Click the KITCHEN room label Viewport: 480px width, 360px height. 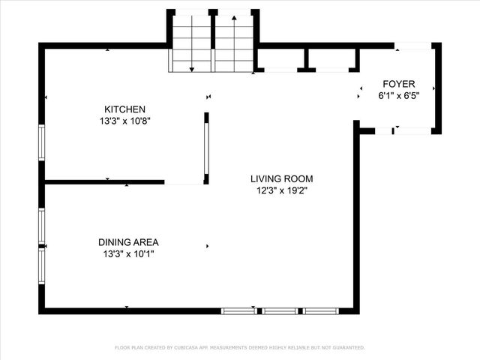point(124,109)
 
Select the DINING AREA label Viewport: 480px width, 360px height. point(128,242)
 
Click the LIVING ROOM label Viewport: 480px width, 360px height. point(281,178)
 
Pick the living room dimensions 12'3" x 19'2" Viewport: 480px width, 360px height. point(281,190)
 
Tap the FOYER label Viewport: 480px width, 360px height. point(399,83)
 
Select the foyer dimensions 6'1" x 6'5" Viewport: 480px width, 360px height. point(399,95)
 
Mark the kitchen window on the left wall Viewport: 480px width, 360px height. point(42,142)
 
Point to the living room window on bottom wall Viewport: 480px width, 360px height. point(280,310)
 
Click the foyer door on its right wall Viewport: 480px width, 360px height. point(436,88)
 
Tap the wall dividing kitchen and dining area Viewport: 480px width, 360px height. point(104,181)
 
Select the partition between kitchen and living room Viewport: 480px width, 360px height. point(206,148)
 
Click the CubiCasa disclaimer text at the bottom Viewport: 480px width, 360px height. point(239,347)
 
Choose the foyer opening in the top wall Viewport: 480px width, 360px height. point(413,46)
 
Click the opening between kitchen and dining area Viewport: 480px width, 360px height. point(184,181)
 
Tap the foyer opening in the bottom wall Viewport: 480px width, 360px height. point(412,131)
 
